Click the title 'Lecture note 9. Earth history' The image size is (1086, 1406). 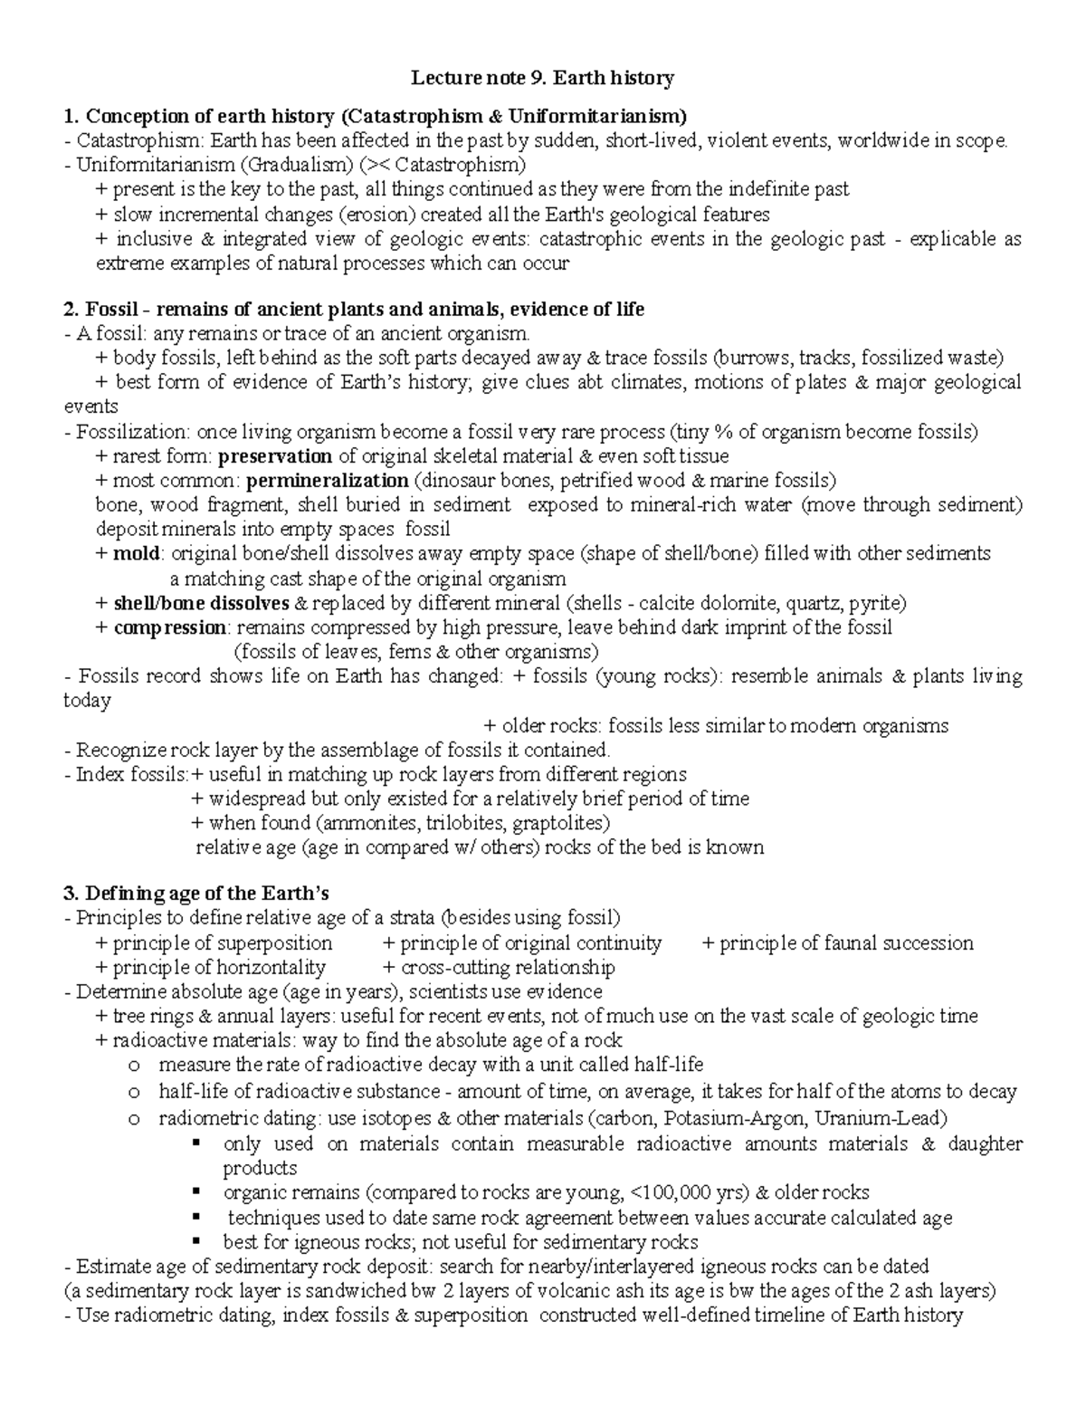[x=543, y=79]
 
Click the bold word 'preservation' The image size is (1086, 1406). [x=275, y=455]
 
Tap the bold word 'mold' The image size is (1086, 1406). [x=137, y=553]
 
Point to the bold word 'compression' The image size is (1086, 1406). [x=169, y=627]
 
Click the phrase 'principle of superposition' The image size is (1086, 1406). [x=222, y=943]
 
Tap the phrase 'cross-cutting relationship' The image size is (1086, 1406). [x=508, y=968]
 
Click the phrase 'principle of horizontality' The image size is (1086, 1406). [x=218, y=968]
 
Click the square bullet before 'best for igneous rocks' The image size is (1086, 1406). [x=195, y=1241]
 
